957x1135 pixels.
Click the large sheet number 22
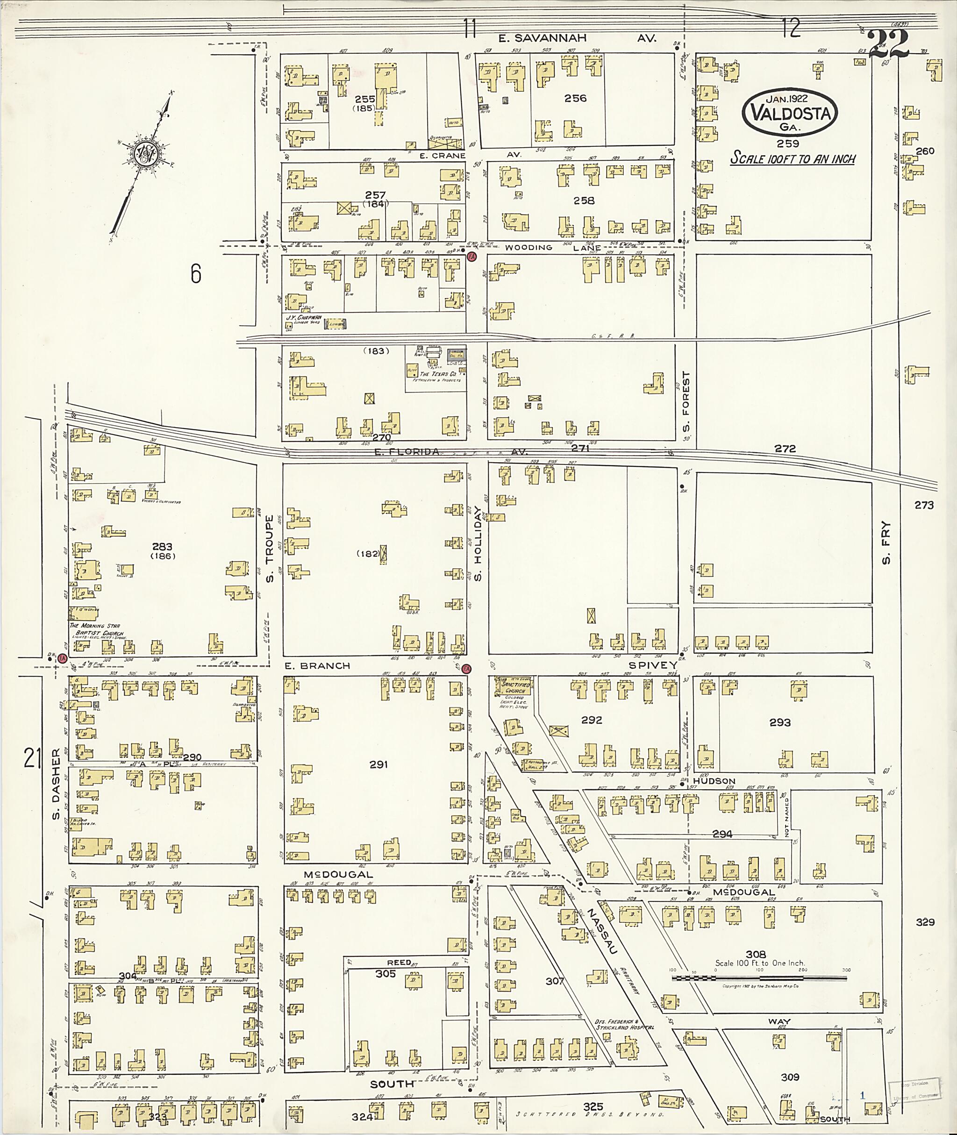pos(888,44)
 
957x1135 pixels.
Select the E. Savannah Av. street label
pos(577,38)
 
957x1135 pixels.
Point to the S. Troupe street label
pos(270,549)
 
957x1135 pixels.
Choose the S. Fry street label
pos(886,543)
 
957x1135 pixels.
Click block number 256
pos(575,98)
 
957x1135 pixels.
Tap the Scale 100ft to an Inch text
pos(792,159)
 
